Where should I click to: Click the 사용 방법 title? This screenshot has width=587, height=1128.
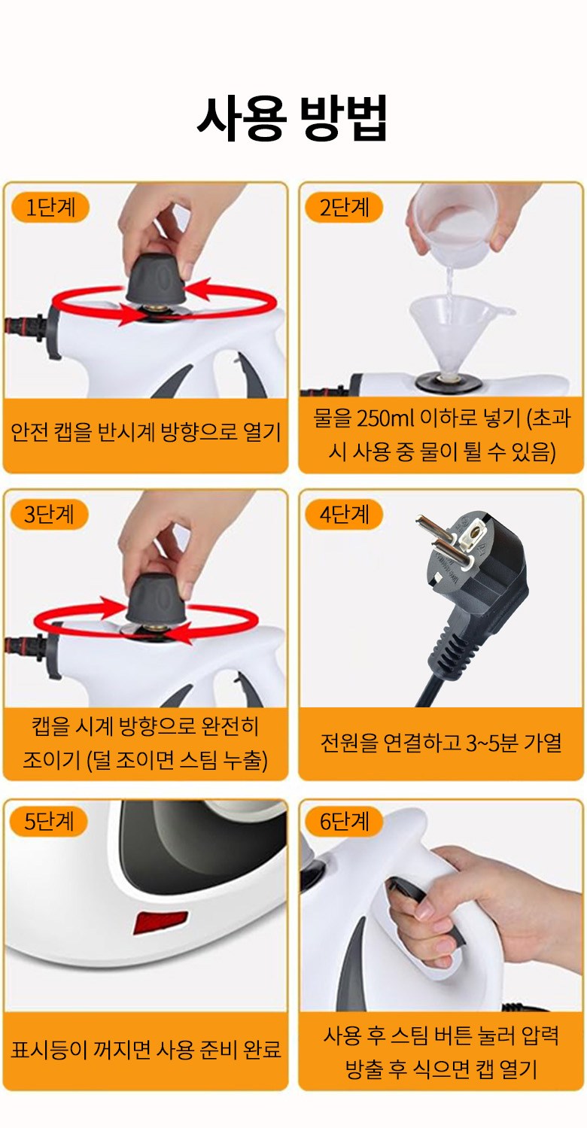[293, 118]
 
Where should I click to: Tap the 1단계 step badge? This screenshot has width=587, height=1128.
[50, 207]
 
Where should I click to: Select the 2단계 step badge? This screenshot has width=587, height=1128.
[345, 207]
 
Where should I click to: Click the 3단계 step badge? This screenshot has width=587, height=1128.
[50, 515]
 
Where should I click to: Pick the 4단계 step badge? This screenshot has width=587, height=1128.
[345, 515]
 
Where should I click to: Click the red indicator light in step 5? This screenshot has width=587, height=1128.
[160, 923]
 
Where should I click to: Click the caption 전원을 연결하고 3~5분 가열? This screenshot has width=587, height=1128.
[441, 743]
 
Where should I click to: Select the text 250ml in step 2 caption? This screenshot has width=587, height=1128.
[385, 418]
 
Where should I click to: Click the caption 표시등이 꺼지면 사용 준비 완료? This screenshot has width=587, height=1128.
[146, 1050]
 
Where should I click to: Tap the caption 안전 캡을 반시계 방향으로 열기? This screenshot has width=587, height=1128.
[146, 432]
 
